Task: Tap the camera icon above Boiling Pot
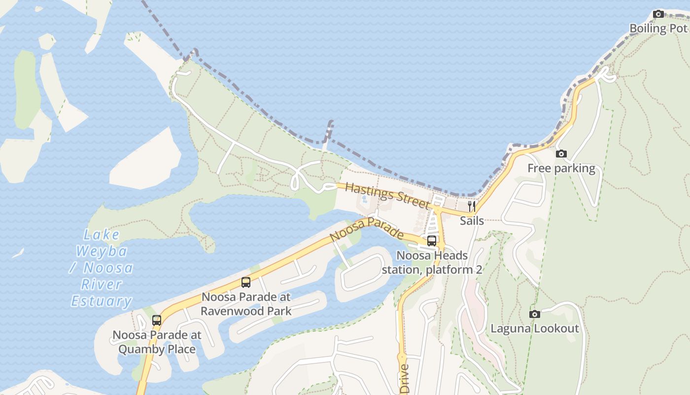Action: coord(658,14)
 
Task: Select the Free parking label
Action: coord(561,168)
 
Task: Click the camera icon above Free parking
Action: coord(561,154)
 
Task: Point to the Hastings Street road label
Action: coord(387,196)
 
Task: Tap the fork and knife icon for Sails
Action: coord(472,206)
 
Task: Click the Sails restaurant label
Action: coord(472,221)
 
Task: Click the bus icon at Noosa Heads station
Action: coord(432,241)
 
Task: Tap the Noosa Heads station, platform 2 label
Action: coord(432,263)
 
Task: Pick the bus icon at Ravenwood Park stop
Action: coord(246,282)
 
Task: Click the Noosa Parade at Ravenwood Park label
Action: coord(246,304)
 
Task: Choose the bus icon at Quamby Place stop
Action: coord(157,320)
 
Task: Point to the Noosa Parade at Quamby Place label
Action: coord(157,342)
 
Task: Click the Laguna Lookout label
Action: coord(535,328)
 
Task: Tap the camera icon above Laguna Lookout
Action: coord(535,314)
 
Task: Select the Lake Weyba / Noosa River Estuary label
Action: coord(102,268)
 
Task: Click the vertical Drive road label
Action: coord(405,379)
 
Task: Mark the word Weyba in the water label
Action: coord(102,251)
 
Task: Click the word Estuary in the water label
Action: coord(102,301)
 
